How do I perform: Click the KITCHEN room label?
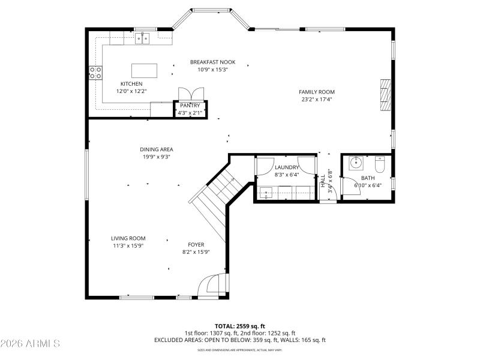(x=131, y=84)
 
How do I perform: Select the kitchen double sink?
(x=143, y=38)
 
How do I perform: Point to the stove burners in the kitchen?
(x=95, y=73)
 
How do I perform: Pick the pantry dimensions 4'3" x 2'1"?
(x=190, y=112)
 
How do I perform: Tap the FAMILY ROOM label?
(x=316, y=92)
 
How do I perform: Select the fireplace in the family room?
(x=384, y=95)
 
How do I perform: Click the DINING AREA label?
(x=157, y=149)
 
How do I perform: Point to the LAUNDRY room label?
(x=286, y=167)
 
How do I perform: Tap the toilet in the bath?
(x=380, y=163)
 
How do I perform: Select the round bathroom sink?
(x=355, y=163)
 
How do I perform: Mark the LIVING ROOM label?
(x=128, y=238)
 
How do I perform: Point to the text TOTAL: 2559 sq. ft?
(x=239, y=326)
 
